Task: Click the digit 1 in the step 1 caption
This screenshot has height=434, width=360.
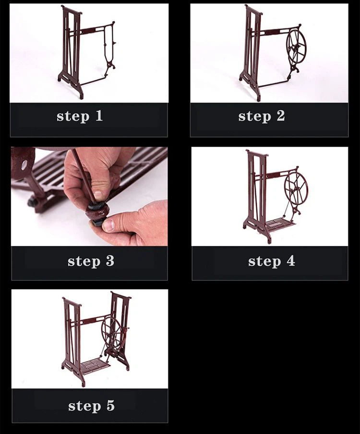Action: click(99, 116)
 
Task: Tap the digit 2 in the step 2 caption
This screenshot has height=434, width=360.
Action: click(281, 116)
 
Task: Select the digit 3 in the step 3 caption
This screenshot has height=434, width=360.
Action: click(110, 261)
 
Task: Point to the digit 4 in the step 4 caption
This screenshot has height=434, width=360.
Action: click(291, 261)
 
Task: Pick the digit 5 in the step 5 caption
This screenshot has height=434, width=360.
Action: click(110, 406)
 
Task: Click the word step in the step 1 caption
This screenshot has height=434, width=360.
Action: click(73, 117)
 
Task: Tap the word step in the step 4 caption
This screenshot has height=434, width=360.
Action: click(264, 261)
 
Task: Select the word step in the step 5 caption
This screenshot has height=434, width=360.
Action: click(84, 407)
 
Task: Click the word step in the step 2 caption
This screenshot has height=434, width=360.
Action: click(255, 117)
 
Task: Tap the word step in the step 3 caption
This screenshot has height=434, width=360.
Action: click(84, 261)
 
